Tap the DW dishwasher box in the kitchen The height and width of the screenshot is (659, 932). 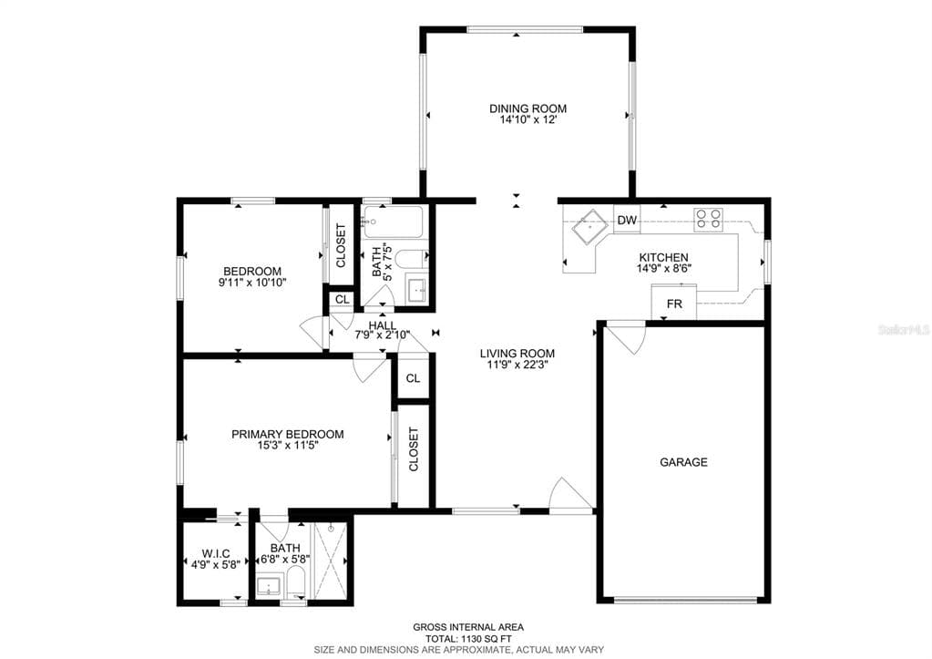coord(627,220)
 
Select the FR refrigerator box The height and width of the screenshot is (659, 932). coord(674,304)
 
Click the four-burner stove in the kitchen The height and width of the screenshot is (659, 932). coord(709,218)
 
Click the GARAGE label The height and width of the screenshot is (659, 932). coord(683,462)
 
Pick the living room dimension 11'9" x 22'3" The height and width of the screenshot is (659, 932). coord(517,365)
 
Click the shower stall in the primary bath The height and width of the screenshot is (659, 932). coord(331,559)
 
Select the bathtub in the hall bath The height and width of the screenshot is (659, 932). coord(393,221)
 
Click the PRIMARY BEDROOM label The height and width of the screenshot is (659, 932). coord(287,434)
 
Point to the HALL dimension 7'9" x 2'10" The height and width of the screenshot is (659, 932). coord(382,335)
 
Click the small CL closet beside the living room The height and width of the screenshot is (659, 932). coord(413,378)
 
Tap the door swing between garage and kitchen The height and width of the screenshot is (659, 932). coord(626,339)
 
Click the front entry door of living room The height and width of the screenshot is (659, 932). coord(572,497)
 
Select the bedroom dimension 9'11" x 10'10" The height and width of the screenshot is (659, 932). coord(252,283)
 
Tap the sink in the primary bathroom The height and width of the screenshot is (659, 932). coord(269,586)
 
